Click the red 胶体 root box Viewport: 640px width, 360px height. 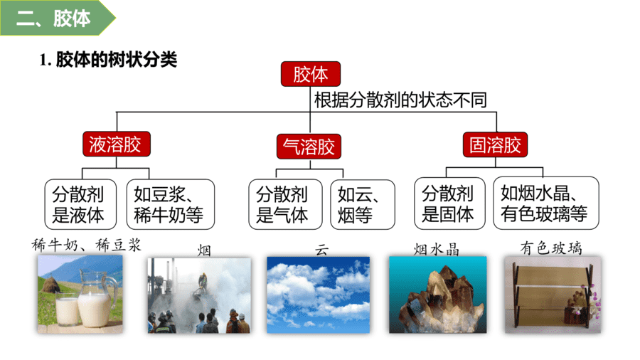(311, 74)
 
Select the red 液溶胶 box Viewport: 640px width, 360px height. (117, 144)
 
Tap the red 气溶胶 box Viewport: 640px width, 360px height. (309, 147)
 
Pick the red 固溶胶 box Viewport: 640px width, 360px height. (495, 145)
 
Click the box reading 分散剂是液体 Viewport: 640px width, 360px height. (80, 204)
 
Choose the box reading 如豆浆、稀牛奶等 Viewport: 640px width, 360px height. (170, 204)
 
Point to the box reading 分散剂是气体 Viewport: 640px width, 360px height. (285, 204)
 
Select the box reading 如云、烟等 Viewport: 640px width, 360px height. (363, 205)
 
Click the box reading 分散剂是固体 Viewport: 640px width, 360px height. (450, 203)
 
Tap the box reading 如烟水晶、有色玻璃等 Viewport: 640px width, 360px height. (546, 203)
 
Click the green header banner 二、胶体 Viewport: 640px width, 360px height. (58, 18)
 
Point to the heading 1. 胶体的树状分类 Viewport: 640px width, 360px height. (108, 60)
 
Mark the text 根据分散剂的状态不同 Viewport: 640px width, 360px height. (400, 100)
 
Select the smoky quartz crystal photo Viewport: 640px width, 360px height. (437, 295)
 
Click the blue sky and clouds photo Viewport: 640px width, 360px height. (319, 295)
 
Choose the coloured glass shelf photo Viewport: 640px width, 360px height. (553, 295)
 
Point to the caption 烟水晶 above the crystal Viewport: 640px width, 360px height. (437, 249)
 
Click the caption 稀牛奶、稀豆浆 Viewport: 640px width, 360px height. (87, 245)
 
